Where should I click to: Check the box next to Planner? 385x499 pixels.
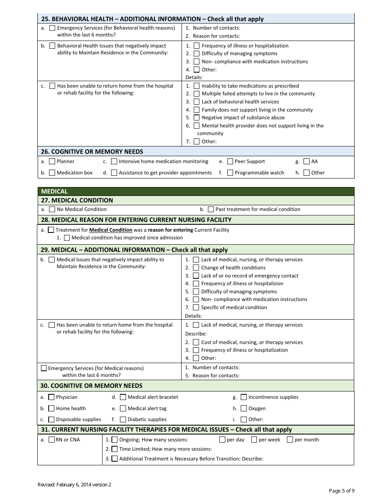pyautogui.click(x=52, y=161)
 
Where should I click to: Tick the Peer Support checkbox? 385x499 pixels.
pyautogui.click(x=230, y=161)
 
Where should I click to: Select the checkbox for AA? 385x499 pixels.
pyautogui.click(x=306, y=161)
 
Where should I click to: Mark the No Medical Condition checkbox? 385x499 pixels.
pyautogui.click(x=52, y=209)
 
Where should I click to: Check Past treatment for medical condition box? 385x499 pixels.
pyautogui.click(x=211, y=209)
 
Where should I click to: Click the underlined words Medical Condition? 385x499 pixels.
pyautogui.click(x=111, y=230)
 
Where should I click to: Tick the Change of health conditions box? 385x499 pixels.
pyautogui.click(x=196, y=268)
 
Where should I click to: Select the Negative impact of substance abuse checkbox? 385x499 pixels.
pyautogui.click(x=197, y=118)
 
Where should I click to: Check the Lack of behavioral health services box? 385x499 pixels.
pyautogui.click(x=197, y=102)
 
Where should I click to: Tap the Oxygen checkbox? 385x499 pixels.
pyautogui.click(x=244, y=409)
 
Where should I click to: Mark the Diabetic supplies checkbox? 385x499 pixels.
pyautogui.click(x=123, y=419)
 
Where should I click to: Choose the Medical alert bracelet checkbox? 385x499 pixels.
pyautogui.click(x=123, y=397)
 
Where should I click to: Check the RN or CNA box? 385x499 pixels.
pyautogui.click(x=52, y=440)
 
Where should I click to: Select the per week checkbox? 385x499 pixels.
pyautogui.click(x=254, y=440)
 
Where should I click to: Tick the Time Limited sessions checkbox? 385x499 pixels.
pyautogui.click(x=114, y=449)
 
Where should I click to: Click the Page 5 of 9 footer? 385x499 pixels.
pyautogui.click(x=341, y=491)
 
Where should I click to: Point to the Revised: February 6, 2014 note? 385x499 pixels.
pyautogui.click(x=74, y=484)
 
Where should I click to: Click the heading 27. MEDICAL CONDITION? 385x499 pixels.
pyautogui.click(x=77, y=200)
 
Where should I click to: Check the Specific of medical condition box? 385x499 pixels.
pyautogui.click(x=196, y=308)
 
